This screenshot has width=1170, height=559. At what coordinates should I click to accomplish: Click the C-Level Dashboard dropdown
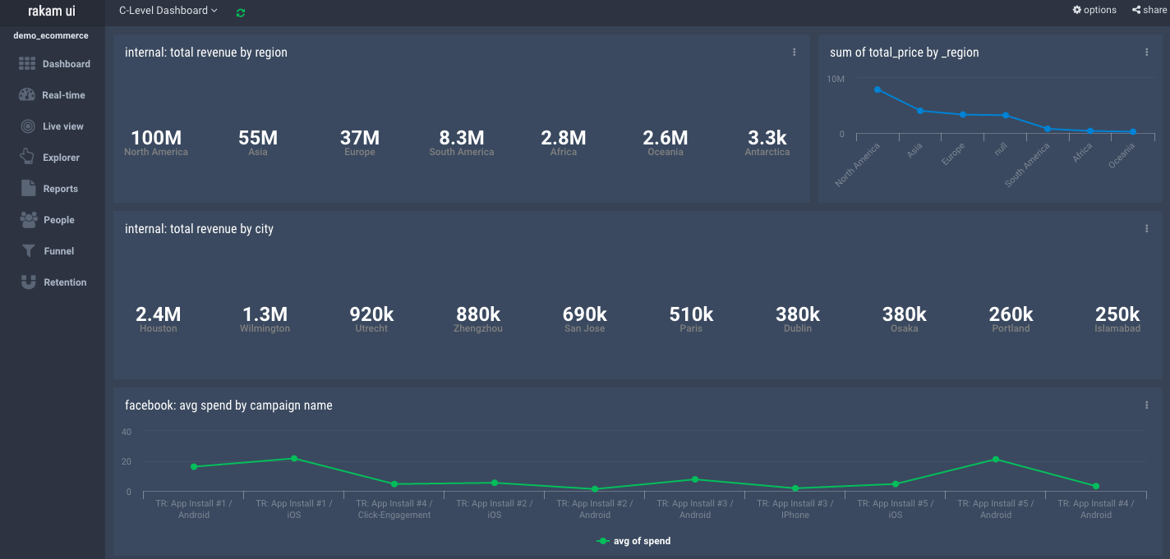(x=168, y=11)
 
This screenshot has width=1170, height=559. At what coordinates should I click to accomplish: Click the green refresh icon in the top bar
(x=241, y=12)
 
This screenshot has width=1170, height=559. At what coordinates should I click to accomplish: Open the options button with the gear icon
(x=1094, y=10)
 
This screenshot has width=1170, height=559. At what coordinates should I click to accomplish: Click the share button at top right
(x=1149, y=10)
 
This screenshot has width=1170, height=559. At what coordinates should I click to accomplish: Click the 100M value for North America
(x=156, y=138)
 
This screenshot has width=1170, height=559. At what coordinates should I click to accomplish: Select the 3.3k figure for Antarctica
(x=767, y=138)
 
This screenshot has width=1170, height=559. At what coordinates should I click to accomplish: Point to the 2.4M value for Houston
(x=159, y=314)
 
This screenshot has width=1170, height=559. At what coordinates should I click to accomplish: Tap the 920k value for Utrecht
(x=371, y=314)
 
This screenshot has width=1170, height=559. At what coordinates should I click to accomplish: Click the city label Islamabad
(x=1117, y=329)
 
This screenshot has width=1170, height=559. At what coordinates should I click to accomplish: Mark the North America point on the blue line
(x=877, y=89)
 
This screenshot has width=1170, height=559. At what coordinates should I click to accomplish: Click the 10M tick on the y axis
(x=836, y=80)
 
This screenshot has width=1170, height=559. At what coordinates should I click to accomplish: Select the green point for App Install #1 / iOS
(x=294, y=459)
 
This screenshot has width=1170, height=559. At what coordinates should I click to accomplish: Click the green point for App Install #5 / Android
(x=996, y=460)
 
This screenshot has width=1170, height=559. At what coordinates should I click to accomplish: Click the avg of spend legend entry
(x=633, y=541)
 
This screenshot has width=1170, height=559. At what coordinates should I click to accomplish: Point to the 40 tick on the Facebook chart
(x=126, y=432)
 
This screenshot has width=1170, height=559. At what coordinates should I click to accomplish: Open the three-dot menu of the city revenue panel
(x=1147, y=229)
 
